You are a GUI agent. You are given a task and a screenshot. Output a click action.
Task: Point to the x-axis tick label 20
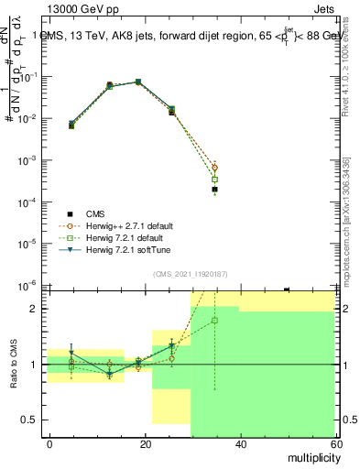(x=145, y=443)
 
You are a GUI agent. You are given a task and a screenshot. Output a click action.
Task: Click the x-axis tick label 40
(x=240, y=443)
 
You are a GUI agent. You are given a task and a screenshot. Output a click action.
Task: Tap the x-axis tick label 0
(x=49, y=443)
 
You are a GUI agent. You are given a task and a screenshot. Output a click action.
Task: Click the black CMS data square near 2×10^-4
(x=214, y=190)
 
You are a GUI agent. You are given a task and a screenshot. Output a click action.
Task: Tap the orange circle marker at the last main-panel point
(x=214, y=168)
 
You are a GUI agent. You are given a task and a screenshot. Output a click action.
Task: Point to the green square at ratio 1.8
(x=214, y=321)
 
